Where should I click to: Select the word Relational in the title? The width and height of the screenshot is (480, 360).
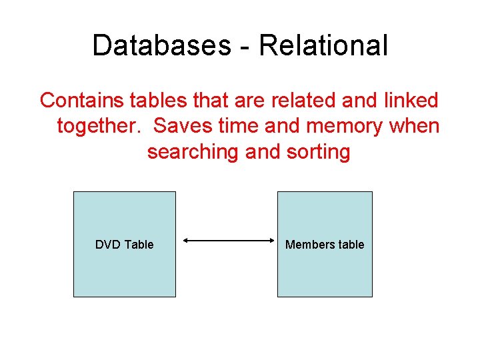point(323,45)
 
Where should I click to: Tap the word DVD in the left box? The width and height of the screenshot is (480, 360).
point(108,245)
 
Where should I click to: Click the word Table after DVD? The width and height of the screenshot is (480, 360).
point(139,245)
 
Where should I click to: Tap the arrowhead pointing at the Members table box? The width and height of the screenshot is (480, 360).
point(273,241)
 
